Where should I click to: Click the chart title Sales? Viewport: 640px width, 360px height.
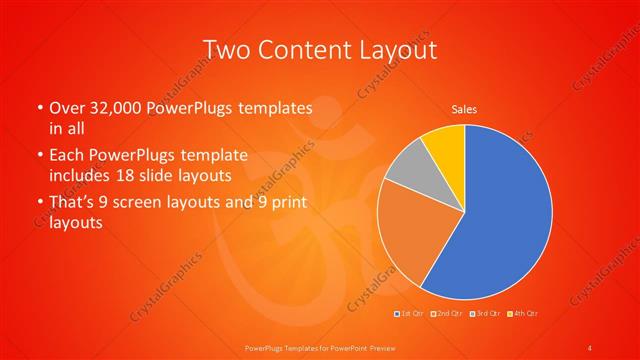[x=464, y=109]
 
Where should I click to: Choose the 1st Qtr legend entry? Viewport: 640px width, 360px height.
[x=411, y=315]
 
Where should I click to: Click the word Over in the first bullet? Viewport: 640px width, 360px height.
[x=67, y=107]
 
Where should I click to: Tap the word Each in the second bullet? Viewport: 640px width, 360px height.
[x=67, y=155]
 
